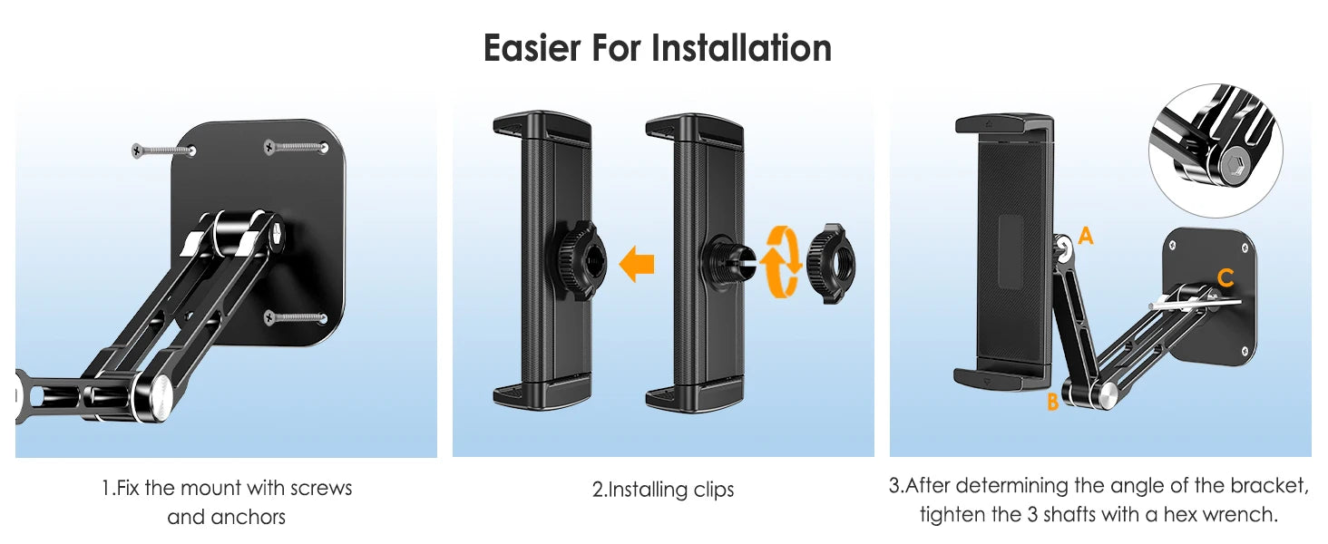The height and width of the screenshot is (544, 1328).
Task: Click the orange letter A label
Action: click(x=1086, y=237)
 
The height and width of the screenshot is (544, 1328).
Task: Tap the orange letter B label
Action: click(x=1052, y=402)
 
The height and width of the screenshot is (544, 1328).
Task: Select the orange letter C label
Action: click(x=1225, y=278)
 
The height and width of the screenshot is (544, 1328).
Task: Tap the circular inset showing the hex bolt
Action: click(x=1216, y=151)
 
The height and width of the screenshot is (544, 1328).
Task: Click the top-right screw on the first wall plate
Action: click(x=296, y=146)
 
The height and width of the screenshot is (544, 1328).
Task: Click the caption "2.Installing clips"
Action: click(x=663, y=491)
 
